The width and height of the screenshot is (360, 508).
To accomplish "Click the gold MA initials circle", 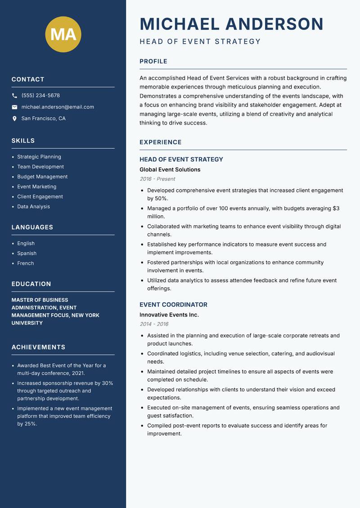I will [x=63, y=34].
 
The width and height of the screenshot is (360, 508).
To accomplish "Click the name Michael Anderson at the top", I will [x=231, y=24].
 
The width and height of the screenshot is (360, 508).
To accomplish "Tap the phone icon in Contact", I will [x=15, y=96].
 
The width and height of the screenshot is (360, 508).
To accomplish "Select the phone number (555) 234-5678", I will [x=40, y=96].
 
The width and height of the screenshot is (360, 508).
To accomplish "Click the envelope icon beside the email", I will [x=15, y=107].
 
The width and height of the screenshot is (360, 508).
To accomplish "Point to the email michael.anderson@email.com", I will [x=58, y=107].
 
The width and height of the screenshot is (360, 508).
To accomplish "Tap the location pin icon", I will [x=15, y=119].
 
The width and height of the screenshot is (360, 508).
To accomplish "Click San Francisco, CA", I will [x=43, y=119].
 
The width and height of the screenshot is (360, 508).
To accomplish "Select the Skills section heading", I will [x=23, y=141].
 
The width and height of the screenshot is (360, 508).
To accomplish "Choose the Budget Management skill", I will [x=42, y=177].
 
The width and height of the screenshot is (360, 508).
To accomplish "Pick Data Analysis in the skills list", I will [x=33, y=206].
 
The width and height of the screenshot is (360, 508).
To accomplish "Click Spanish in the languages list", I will [x=27, y=253].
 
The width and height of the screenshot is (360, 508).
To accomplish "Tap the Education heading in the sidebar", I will [x=31, y=284].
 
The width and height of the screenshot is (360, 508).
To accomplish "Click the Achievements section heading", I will [x=38, y=347].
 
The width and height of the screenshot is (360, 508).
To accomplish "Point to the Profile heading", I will [x=153, y=62].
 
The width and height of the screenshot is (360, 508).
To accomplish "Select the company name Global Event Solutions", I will [x=170, y=169].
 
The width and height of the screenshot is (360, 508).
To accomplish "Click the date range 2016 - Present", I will [x=157, y=179].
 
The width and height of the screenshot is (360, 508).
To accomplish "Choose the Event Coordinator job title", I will [x=173, y=304].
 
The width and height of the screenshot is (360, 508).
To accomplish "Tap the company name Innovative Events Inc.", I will [x=169, y=315].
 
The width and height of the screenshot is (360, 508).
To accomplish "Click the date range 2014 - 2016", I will [x=153, y=324].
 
